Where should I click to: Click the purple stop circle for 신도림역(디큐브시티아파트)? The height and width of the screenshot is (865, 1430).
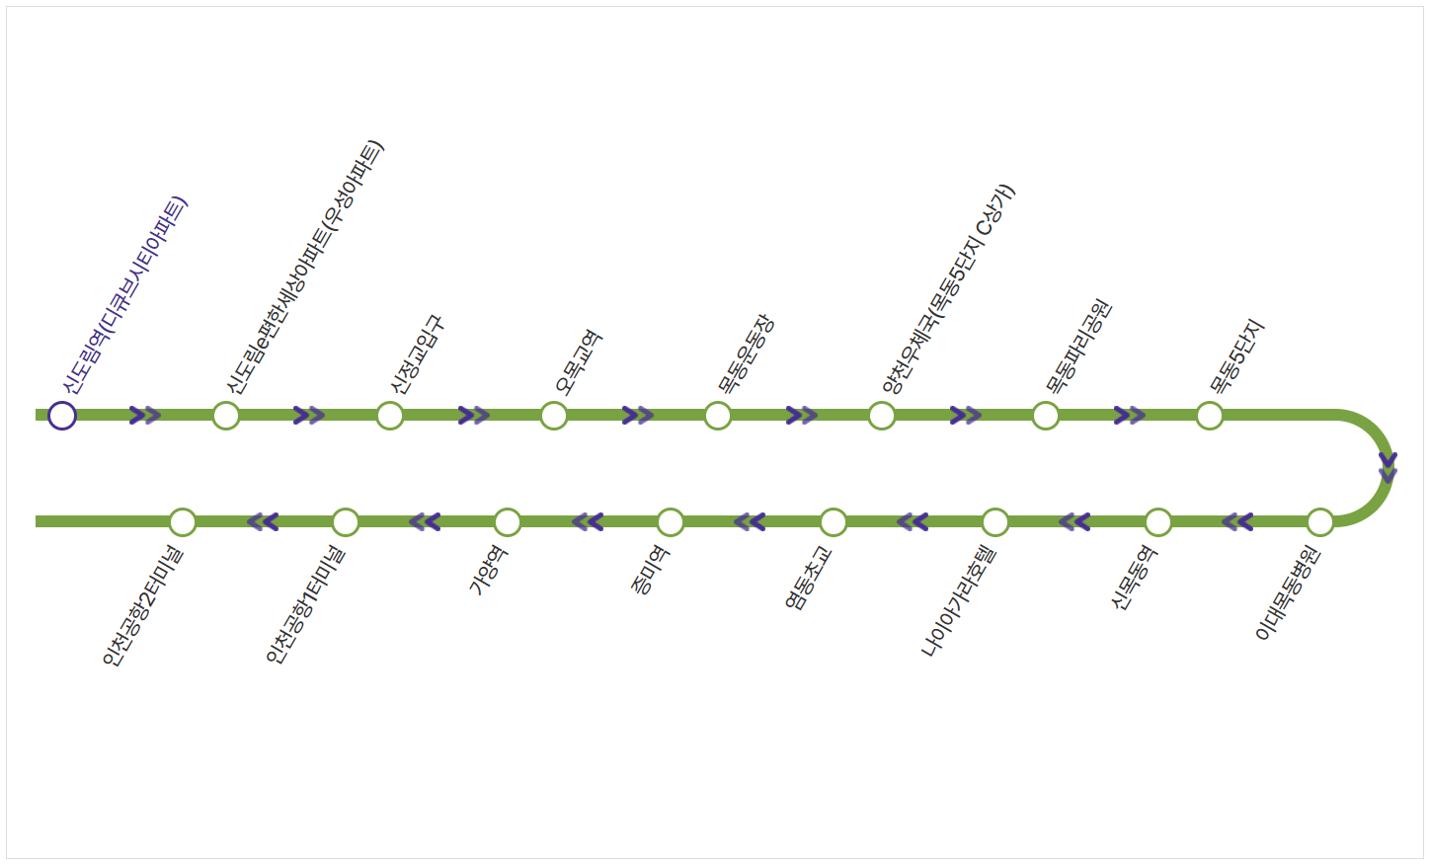(x=62, y=416)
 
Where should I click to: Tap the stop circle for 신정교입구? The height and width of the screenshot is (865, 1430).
(x=390, y=416)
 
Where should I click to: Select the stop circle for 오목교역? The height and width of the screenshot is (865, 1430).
(x=554, y=416)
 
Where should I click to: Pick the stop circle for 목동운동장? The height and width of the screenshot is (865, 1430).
(x=718, y=416)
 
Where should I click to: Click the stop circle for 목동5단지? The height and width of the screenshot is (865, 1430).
(x=1210, y=416)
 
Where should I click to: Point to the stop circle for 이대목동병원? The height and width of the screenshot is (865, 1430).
(x=1320, y=521)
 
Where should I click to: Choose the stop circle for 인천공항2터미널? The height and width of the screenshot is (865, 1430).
(x=183, y=521)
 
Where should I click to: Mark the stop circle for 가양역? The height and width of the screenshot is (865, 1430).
(x=508, y=521)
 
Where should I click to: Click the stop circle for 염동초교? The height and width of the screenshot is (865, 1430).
(x=834, y=521)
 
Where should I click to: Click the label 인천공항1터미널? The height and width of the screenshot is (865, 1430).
(x=306, y=604)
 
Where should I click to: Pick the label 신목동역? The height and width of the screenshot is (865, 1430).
(x=1135, y=578)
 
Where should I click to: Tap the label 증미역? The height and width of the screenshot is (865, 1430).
(x=651, y=570)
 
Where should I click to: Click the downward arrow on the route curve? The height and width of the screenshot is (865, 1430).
(x=1388, y=467)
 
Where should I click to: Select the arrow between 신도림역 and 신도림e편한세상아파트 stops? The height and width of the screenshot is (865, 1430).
(x=145, y=416)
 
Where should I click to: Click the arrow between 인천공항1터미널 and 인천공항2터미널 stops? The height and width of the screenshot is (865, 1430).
(x=263, y=521)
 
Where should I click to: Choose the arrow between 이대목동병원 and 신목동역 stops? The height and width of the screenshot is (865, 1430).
(x=1237, y=521)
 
